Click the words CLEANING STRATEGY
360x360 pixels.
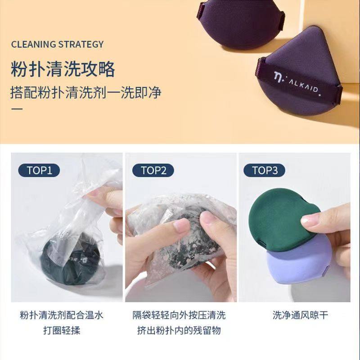57,44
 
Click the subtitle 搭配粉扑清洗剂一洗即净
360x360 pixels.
86,93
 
